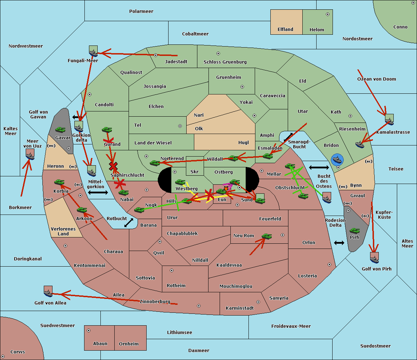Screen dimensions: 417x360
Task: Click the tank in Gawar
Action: click(x=60, y=129)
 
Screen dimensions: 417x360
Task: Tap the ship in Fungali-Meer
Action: click(x=93, y=53)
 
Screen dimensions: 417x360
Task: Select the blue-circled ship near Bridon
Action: click(x=337, y=160)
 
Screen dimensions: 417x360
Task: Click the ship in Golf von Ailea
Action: click(x=48, y=293)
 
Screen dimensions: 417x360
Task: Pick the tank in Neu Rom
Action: click(x=267, y=236)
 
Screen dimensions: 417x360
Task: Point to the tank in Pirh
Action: click(x=354, y=231)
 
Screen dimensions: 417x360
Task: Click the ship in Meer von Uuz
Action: click(x=30, y=156)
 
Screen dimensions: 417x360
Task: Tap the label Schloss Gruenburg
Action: click(x=225, y=62)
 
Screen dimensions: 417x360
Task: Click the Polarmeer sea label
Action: click(x=141, y=11)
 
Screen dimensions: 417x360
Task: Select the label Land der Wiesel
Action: click(x=153, y=143)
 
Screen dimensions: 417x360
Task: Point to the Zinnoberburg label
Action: click(x=155, y=301)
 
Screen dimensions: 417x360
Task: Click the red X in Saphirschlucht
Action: click(x=113, y=166)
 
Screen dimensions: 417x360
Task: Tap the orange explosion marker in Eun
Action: click(x=226, y=189)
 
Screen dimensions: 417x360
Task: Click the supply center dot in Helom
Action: click(x=328, y=14)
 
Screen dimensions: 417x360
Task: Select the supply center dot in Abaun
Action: click(x=88, y=330)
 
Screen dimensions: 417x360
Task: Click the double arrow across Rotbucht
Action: click(x=129, y=223)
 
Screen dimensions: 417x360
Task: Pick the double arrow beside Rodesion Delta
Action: click(x=339, y=243)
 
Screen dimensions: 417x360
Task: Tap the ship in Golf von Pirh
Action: click(x=374, y=259)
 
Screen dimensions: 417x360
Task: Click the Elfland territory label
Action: click(x=285, y=30)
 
